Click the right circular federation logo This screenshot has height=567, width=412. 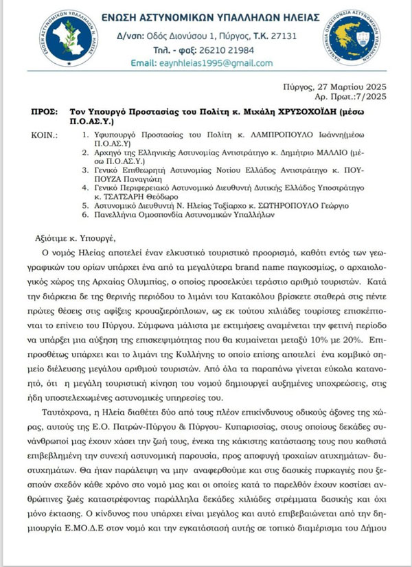366,37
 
